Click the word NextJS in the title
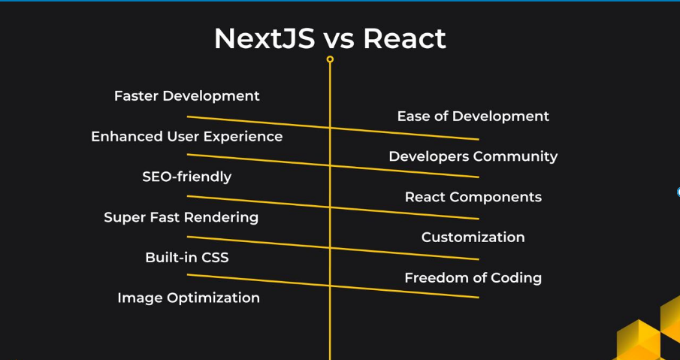coord(264,38)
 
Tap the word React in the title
coord(404,38)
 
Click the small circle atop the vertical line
coord(330,59)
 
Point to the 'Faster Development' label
coord(187,96)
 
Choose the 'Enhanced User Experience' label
coord(187,137)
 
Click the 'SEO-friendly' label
coord(187,177)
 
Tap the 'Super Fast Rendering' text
coord(181,217)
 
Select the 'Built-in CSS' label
coord(187,258)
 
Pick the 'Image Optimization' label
coord(189,298)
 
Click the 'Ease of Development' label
coord(473,116)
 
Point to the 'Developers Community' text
coord(473,156)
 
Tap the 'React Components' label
coord(473,197)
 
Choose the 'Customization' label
coord(473,237)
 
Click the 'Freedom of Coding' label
coord(473,278)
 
